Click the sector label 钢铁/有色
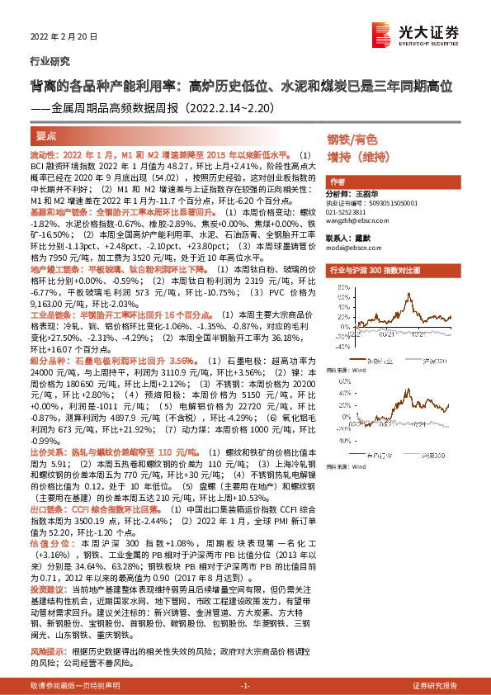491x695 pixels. click(352, 139)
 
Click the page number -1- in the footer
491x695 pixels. click(245, 686)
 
